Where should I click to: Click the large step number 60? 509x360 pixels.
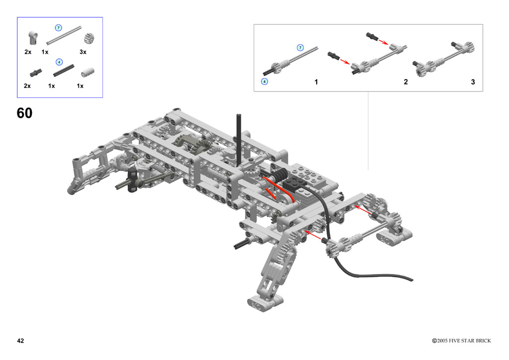[24, 113]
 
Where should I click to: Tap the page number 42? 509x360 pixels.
[20, 341]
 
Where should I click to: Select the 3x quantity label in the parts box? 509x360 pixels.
[83, 52]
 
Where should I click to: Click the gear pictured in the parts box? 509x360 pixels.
[89, 38]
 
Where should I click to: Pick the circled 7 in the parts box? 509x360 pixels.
[59, 27]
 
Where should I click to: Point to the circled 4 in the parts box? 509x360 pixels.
[59, 62]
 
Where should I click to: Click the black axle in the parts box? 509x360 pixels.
[64, 71]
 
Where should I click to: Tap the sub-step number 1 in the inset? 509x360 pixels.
[316, 82]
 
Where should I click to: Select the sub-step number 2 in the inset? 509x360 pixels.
[406, 82]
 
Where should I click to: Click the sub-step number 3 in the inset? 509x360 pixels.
[473, 82]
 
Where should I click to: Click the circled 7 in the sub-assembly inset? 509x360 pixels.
[300, 48]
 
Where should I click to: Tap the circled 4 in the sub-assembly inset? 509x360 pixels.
[264, 82]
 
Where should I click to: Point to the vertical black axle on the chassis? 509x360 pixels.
[239, 140]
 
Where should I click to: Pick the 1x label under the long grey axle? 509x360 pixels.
[45, 52]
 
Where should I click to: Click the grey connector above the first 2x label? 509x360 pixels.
[33, 38]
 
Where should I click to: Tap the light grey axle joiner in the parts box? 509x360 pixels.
[87, 73]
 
